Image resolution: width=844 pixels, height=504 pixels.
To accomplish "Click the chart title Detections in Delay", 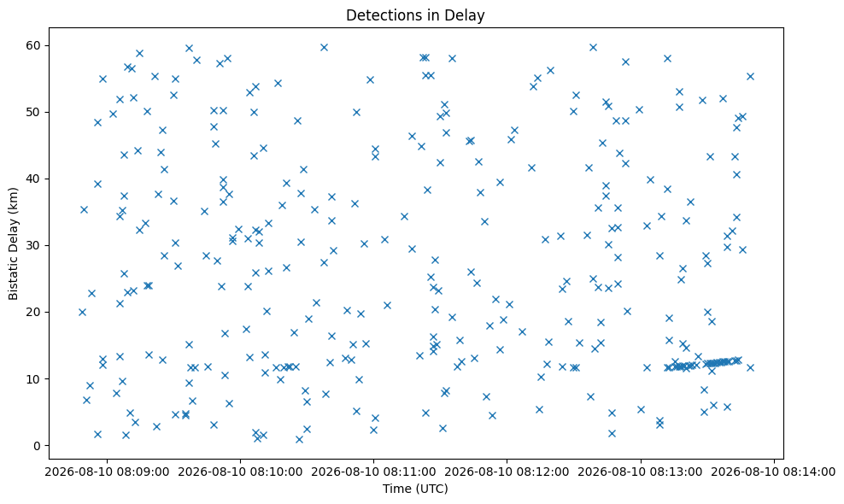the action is (415, 15).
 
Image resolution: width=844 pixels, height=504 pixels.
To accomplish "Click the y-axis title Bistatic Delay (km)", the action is (13, 243).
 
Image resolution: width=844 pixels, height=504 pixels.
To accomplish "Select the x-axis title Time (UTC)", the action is (415, 489).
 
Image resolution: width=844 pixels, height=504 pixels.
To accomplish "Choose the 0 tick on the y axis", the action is (38, 446).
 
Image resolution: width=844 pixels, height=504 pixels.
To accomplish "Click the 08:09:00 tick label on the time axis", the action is (107, 472).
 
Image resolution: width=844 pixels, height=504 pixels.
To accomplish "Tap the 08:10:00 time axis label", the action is (240, 472).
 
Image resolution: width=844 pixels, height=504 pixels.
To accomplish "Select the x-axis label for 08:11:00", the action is (373, 472).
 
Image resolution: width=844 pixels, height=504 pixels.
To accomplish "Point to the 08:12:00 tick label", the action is (507, 472).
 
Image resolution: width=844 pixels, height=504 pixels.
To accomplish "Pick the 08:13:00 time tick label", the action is (641, 472).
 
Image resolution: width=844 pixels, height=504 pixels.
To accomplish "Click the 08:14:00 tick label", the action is (774, 472).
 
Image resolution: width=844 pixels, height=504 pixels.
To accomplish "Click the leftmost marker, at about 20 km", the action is (82, 313).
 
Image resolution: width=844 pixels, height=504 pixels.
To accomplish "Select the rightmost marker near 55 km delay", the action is (750, 77).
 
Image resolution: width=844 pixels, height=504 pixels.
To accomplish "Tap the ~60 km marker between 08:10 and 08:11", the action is (324, 47).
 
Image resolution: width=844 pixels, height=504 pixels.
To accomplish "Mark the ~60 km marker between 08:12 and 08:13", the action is (593, 47).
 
